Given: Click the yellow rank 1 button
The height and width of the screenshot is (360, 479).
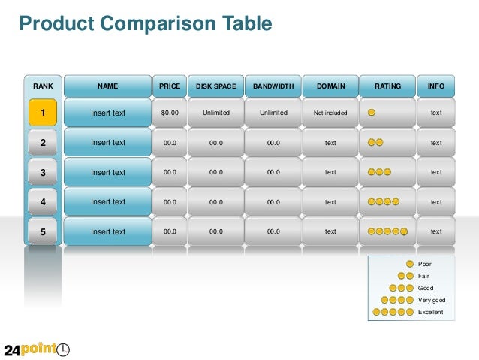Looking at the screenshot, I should point(43,113).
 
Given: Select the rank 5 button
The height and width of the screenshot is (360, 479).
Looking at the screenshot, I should point(43,232).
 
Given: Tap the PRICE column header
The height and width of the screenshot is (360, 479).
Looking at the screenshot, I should point(170,86).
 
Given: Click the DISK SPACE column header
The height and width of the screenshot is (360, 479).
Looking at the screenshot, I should point(216,86).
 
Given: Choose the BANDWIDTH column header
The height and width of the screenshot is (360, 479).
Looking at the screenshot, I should point(273,86).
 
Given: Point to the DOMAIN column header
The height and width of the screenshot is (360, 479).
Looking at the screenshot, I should point(330,86).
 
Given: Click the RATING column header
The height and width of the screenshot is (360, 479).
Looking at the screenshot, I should point(387,86).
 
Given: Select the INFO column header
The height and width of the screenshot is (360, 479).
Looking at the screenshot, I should point(436,86).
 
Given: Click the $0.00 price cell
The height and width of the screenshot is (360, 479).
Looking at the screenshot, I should point(170,113).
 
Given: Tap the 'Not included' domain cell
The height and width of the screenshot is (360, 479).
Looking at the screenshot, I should point(330,113).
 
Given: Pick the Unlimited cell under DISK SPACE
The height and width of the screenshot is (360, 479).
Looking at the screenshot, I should point(216,113).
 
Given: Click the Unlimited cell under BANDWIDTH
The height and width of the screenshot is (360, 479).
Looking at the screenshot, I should point(273,113).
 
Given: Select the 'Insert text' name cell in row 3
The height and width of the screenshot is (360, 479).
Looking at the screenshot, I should point(108,173).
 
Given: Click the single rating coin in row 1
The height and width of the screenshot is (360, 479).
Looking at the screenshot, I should point(372,113).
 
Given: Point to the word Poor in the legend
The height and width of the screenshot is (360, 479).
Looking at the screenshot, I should point(425,264).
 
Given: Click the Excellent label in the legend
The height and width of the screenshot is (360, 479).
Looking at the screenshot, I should point(430,312).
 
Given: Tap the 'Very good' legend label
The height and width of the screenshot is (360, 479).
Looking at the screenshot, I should point(432,300).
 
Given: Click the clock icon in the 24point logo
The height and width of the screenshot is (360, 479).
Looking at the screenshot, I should point(63,349).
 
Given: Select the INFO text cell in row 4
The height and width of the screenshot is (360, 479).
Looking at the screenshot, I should point(436,202).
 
